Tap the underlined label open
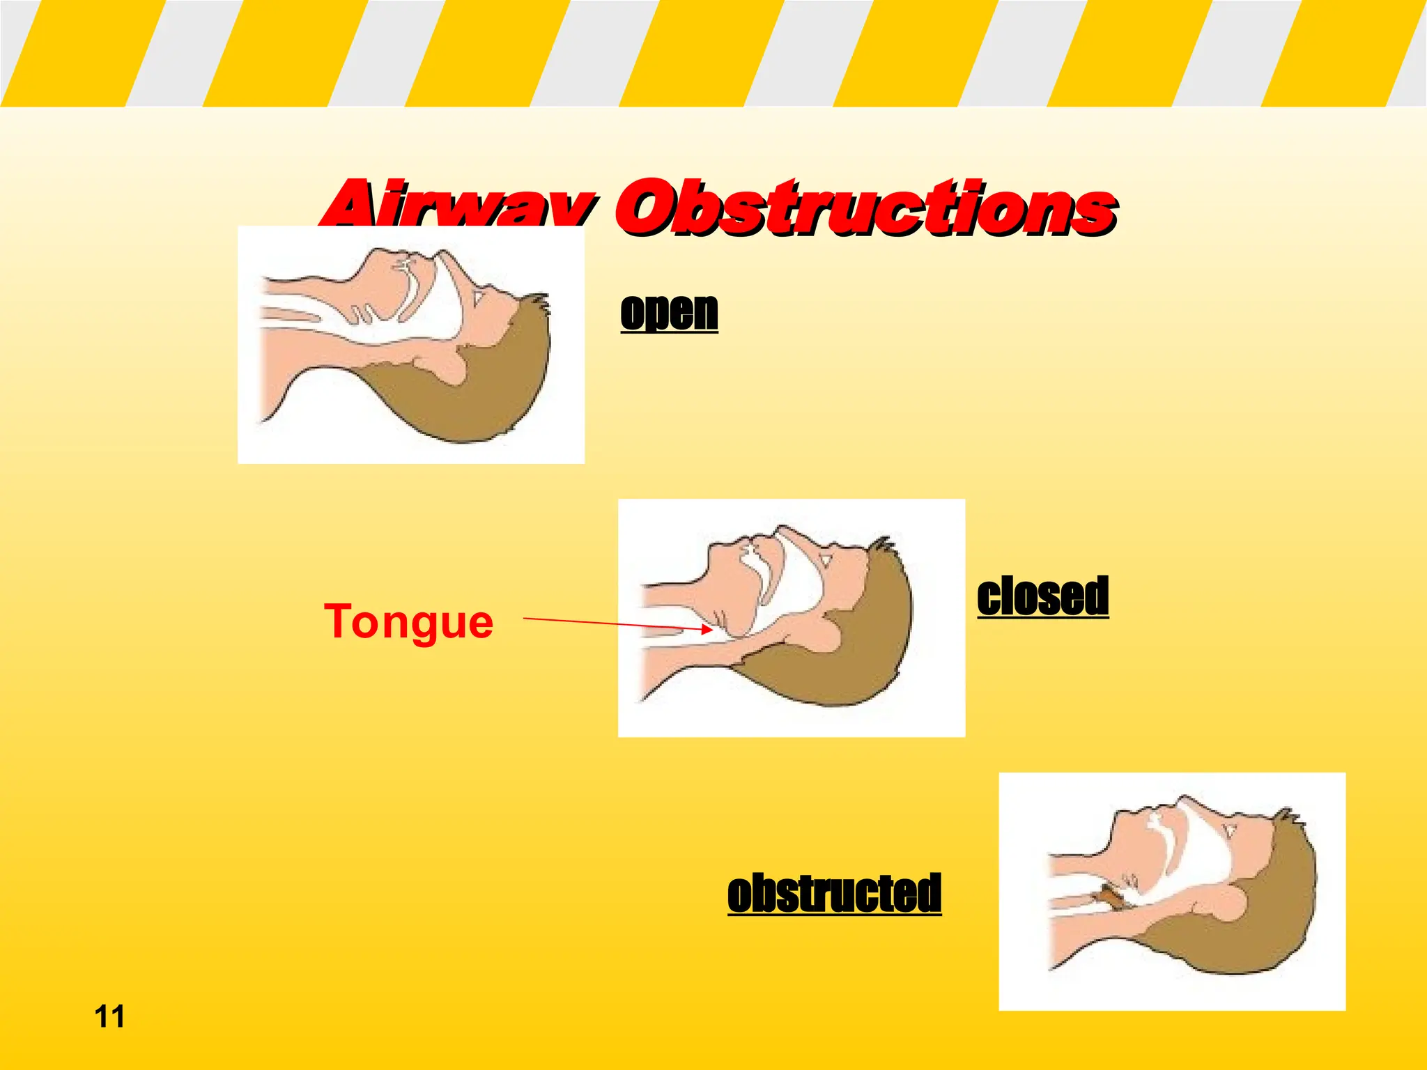tap(669, 311)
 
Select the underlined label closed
tap(1042, 596)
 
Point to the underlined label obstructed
tap(834, 893)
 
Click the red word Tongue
tap(409, 621)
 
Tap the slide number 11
tap(109, 1016)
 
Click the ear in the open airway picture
tap(446, 362)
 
